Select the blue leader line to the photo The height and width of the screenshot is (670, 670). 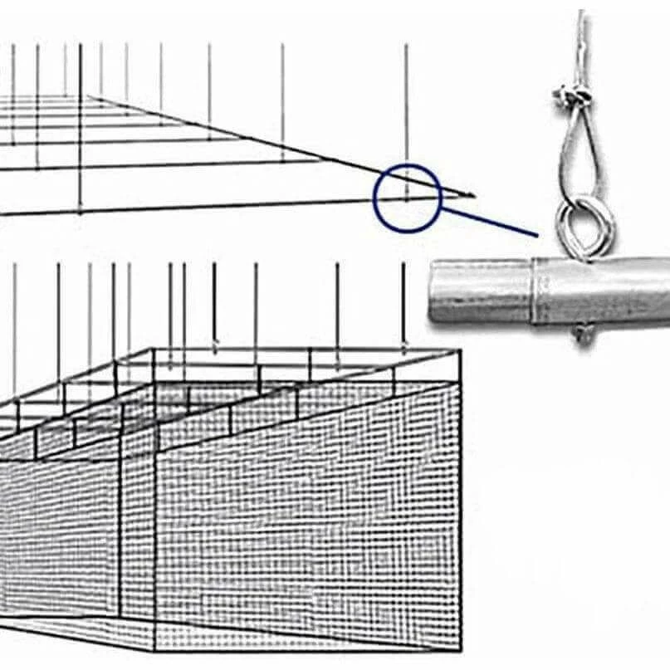(x=490, y=221)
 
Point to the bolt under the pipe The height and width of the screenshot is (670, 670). (x=583, y=334)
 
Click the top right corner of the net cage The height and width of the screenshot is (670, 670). (x=459, y=351)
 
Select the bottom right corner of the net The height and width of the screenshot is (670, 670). (x=459, y=646)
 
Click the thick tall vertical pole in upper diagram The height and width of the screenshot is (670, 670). (x=80, y=125)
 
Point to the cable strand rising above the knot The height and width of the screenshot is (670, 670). (x=582, y=42)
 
